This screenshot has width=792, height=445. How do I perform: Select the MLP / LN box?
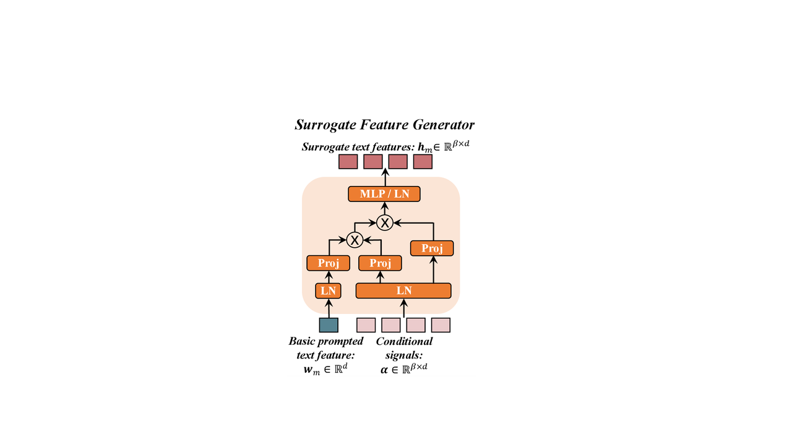(x=384, y=194)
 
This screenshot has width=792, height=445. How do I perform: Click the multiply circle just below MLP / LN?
(x=385, y=222)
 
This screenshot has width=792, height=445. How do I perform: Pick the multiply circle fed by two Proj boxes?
(x=355, y=239)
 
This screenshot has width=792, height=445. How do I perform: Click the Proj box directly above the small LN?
(x=329, y=263)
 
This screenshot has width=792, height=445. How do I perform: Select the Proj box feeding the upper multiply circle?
(x=432, y=248)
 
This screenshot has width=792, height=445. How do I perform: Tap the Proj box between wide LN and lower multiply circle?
(x=380, y=263)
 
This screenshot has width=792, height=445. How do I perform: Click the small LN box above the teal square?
(x=329, y=290)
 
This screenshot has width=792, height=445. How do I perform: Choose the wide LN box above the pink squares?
(x=403, y=290)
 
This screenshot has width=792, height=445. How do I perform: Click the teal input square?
(x=329, y=325)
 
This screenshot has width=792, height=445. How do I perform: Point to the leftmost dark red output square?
(x=348, y=162)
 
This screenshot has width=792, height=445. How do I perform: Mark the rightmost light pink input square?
(x=441, y=325)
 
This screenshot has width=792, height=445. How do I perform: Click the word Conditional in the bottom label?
(x=405, y=341)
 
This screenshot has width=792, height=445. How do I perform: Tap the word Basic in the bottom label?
(x=303, y=341)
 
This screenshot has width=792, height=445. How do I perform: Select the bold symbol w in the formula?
(x=308, y=369)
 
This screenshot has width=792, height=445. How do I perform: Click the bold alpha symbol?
(x=384, y=369)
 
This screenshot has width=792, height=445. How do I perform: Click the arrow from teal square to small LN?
(x=329, y=308)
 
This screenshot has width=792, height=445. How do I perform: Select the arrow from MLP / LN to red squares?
(x=385, y=177)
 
